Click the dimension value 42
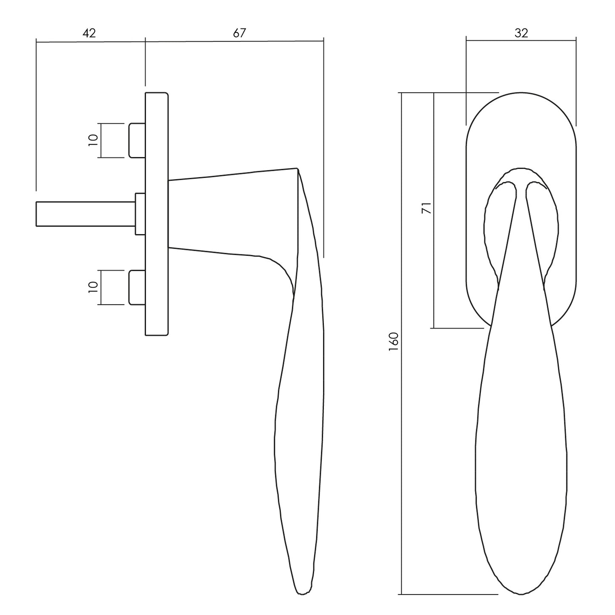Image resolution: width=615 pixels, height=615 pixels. (89, 33)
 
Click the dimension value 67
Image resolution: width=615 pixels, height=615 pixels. (239, 33)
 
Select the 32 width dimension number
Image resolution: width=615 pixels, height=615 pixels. (521, 33)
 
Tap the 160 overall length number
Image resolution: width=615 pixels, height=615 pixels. (394, 342)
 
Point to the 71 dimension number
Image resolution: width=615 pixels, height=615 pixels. (427, 208)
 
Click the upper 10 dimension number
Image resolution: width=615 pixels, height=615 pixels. (93, 140)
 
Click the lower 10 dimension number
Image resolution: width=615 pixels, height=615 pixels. (93, 287)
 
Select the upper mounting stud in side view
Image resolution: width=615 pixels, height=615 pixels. (137, 140)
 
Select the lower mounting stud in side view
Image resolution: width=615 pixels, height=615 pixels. (137, 288)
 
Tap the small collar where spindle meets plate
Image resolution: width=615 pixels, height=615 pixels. (140, 214)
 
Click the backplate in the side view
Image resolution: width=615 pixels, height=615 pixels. (157, 214)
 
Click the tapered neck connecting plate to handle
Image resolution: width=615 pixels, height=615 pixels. (233, 214)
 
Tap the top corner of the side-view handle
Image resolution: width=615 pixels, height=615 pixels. (297, 169)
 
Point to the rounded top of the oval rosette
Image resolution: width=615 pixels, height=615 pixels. (521, 93)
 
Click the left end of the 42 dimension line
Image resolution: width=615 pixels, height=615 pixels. (36, 41)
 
